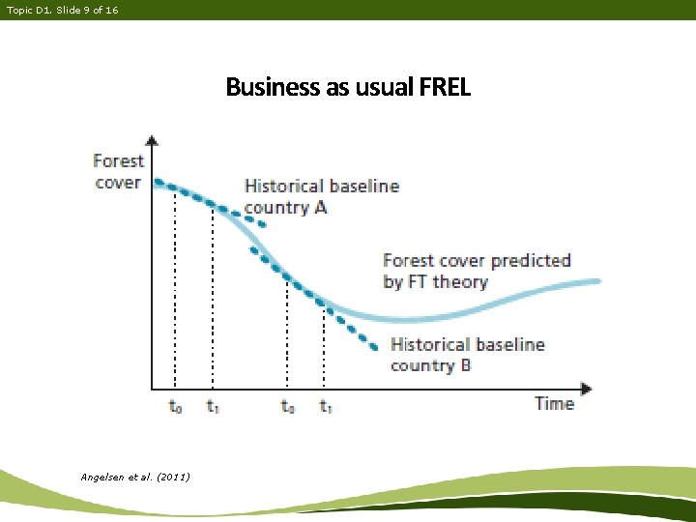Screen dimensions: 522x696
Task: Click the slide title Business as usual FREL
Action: pyautogui.click(x=348, y=88)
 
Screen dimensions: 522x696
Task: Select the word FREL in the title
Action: pyautogui.click(x=445, y=88)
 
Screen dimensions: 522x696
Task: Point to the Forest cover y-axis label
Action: pyautogui.click(x=118, y=171)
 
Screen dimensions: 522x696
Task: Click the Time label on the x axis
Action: pyautogui.click(x=554, y=403)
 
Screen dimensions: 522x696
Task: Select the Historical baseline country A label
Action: pyautogui.click(x=321, y=196)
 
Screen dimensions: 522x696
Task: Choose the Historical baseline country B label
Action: pyautogui.click(x=467, y=355)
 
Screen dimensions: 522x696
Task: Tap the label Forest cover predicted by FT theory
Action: pyautogui.click(x=477, y=271)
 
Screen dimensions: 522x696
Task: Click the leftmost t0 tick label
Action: pyautogui.click(x=175, y=407)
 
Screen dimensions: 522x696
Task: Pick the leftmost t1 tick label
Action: pyautogui.click(x=212, y=407)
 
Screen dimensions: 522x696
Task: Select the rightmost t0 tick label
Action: pyautogui.click(x=287, y=407)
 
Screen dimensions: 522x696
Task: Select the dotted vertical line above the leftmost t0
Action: pyautogui.click(x=175, y=290)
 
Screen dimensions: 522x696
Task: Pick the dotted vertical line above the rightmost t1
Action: pyautogui.click(x=324, y=348)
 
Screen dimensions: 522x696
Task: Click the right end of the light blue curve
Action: pyautogui.click(x=596, y=281)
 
